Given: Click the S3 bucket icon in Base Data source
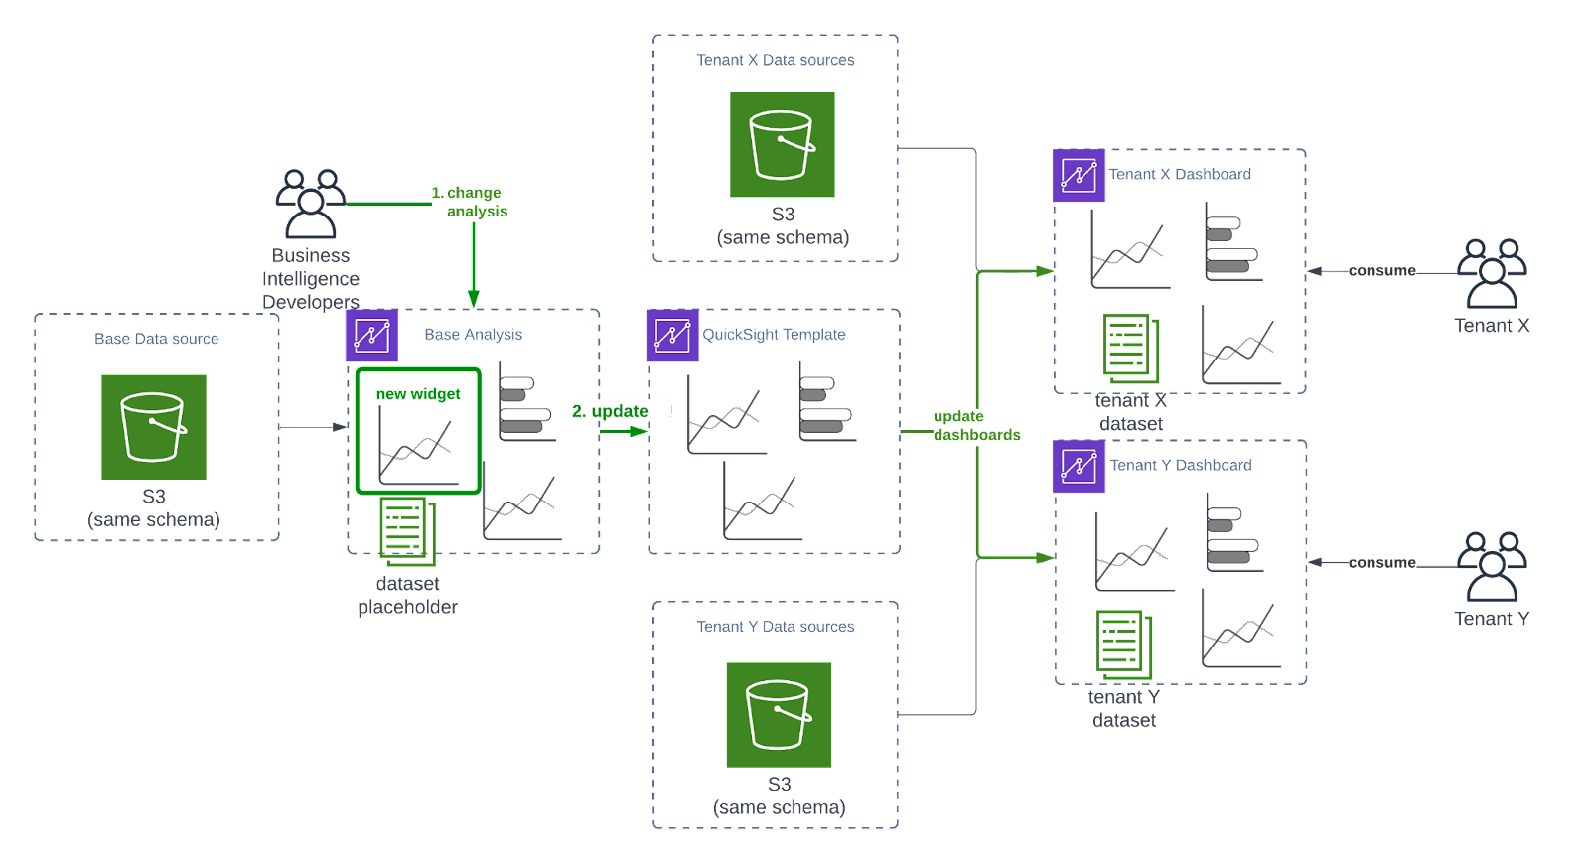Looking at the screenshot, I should coord(154,427).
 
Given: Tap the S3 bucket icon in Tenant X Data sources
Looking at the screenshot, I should coord(783,145).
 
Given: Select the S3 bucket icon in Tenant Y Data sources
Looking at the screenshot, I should coord(780,715).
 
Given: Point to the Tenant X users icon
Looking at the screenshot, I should coord(1492,273).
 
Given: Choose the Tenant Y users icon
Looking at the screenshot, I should coord(1492,567).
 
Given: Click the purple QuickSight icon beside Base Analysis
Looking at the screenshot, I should coord(372,336).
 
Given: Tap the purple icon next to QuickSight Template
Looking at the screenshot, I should coord(672,336).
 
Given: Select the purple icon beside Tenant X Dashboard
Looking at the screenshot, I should coord(1079,176).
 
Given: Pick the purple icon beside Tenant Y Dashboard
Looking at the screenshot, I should coord(1079,467).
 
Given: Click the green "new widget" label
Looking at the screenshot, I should coord(418,394).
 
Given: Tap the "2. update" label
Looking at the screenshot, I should coord(612,410).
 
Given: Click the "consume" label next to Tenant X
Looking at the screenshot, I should coord(1381,270).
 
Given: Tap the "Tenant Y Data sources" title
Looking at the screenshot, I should coord(776,627).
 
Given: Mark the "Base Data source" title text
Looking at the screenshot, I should coord(157,339).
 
